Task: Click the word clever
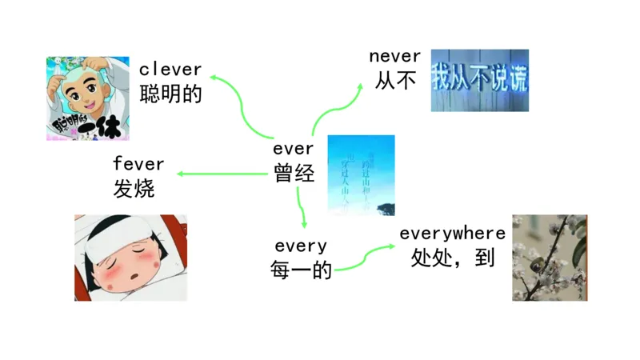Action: point(170,70)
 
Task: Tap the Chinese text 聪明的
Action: point(170,94)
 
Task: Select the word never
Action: point(394,56)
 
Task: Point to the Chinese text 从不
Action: point(395,80)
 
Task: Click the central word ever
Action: point(294,149)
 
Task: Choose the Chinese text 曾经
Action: point(294,174)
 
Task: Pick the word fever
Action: point(138,164)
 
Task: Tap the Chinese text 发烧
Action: point(134,189)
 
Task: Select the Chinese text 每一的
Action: point(301,270)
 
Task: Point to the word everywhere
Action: point(452,234)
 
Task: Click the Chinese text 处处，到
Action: point(452,258)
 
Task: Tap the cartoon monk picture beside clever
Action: point(87,98)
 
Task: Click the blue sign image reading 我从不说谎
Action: point(479,81)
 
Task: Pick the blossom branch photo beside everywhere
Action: point(550,258)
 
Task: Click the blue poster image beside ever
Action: point(361,175)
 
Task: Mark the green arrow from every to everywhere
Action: point(365,258)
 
